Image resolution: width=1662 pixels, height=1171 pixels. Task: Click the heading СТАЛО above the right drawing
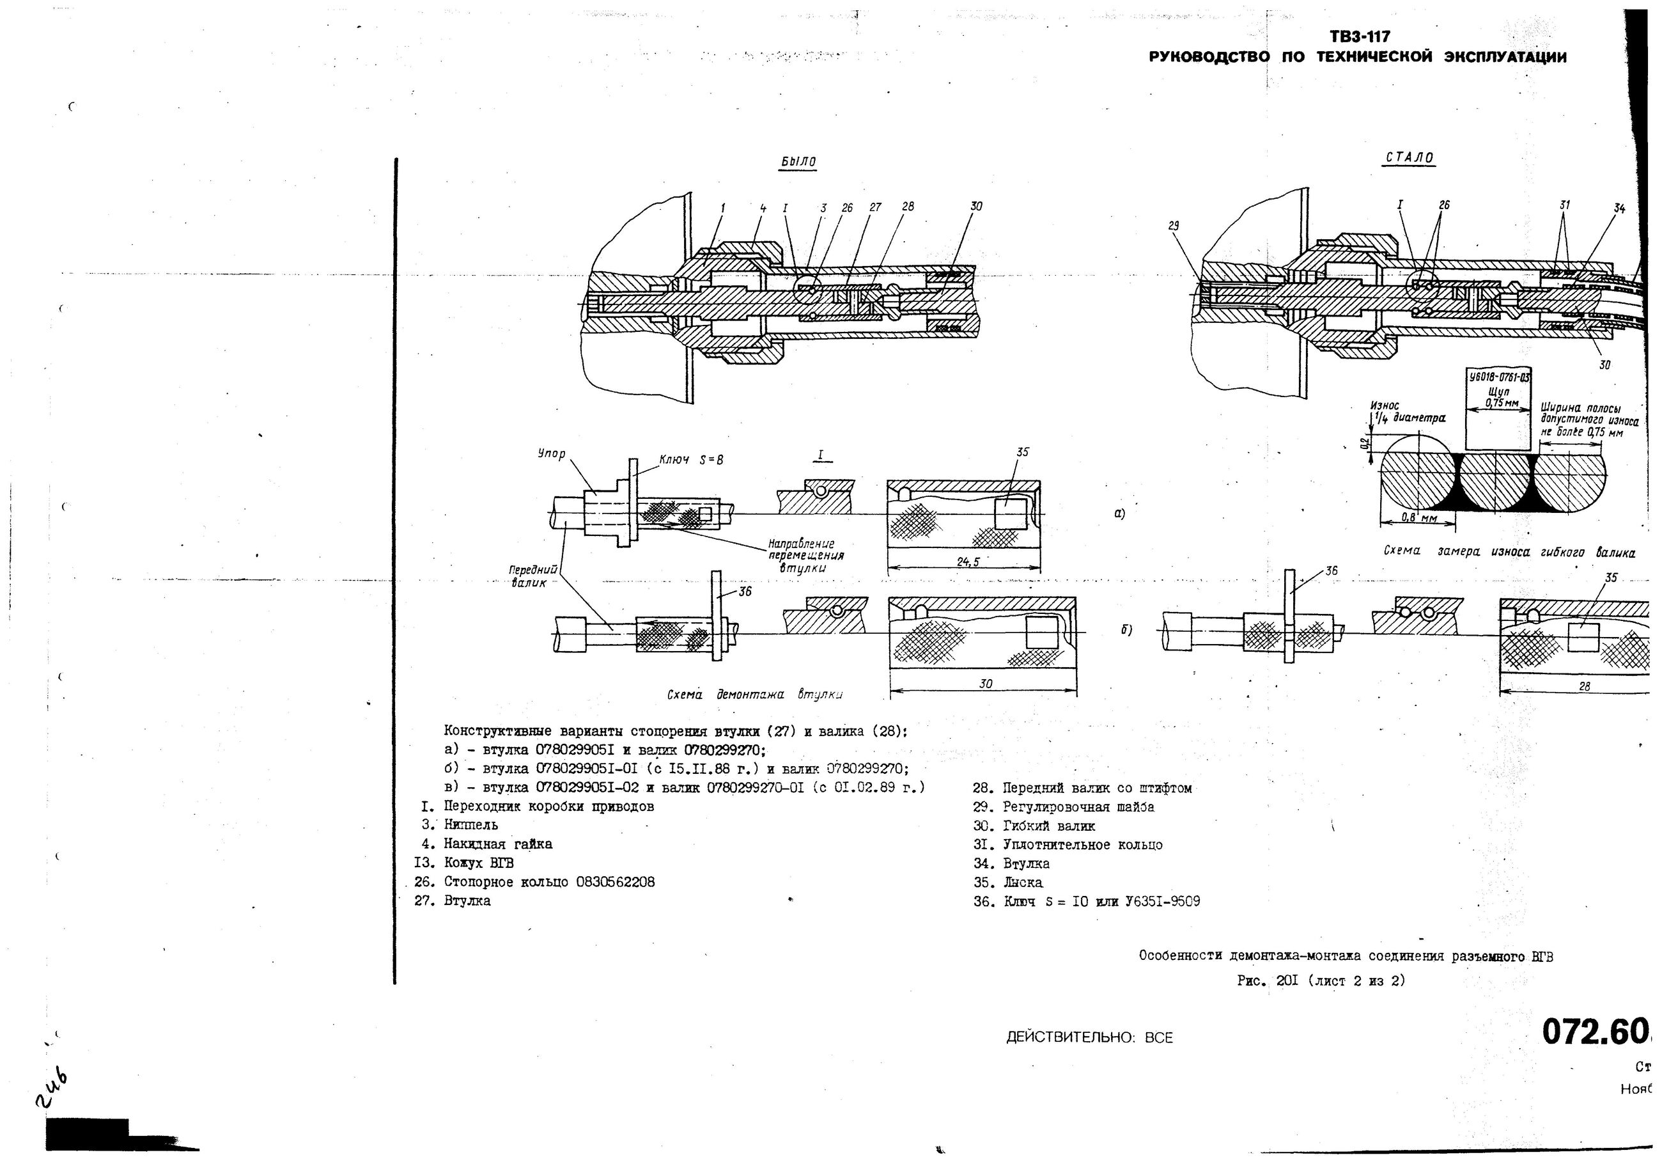click(x=1409, y=158)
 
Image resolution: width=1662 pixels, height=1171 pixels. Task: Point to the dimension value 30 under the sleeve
click(x=985, y=683)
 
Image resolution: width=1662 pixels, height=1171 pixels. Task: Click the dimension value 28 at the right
click(x=1584, y=686)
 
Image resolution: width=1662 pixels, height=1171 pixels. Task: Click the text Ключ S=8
click(x=690, y=459)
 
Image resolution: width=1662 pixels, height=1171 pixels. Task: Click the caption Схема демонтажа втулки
click(x=754, y=695)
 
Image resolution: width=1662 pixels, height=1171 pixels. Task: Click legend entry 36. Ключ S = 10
click(x=1086, y=902)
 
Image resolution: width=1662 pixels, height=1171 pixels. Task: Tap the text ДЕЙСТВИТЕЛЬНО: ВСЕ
click(x=1089, y=1038)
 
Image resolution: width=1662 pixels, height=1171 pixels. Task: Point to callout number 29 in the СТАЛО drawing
click(x=1174, y=225)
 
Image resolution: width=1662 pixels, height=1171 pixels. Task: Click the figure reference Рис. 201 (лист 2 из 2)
click(x=1321, y=981)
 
